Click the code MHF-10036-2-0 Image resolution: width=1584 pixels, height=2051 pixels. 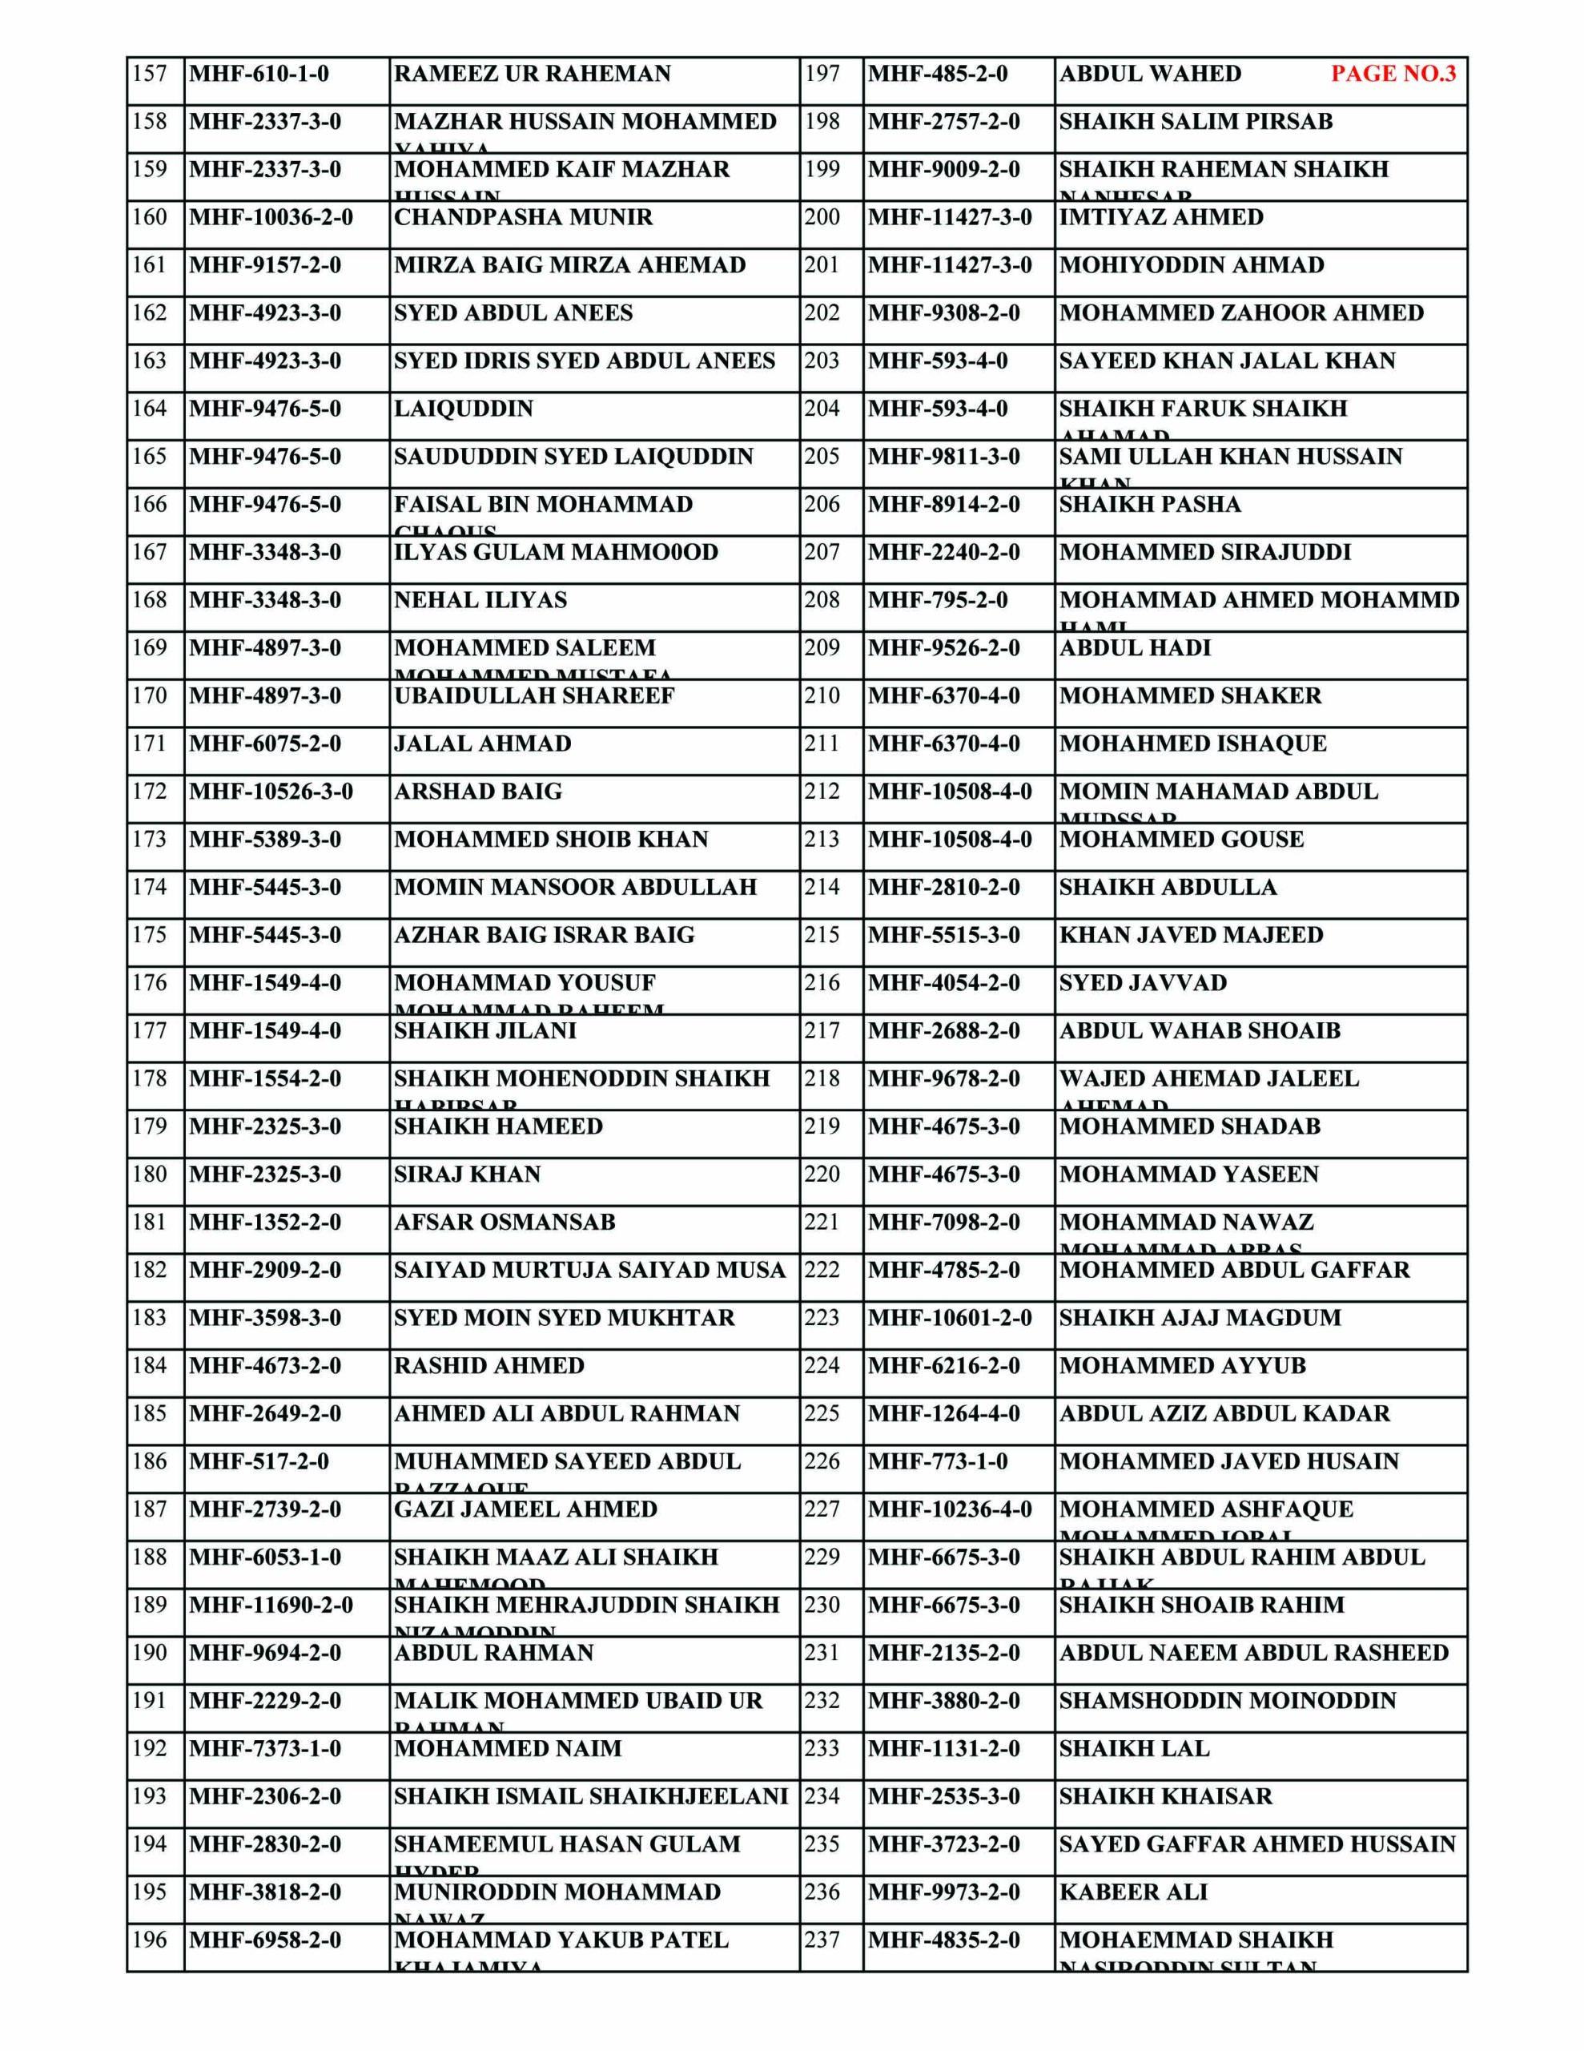tap(271, 218)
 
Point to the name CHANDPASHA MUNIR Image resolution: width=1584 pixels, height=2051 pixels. tap(523, 218)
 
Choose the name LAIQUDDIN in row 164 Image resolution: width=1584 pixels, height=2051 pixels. tap(463, 409)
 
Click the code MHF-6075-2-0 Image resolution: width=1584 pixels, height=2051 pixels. tap(265, 743)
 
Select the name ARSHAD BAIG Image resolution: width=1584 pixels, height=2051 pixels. tap(477, 792)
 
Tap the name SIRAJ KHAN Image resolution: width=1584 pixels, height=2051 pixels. tap(467, 1175)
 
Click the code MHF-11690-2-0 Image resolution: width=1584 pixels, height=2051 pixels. tap(271, 1605)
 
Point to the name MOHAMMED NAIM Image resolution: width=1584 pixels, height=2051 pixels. tap(507, 1749)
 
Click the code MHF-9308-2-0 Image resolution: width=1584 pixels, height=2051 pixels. tap(943, 312)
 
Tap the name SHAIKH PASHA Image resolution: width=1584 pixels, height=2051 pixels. tap(1149, 504)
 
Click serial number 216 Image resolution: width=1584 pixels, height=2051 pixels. tap(822, 983)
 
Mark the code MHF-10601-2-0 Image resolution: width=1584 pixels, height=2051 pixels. tap(949, 1318)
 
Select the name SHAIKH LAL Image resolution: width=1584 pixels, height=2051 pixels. tap(1133, 1749)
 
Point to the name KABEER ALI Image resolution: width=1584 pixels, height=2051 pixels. tap(1132, 1892)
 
